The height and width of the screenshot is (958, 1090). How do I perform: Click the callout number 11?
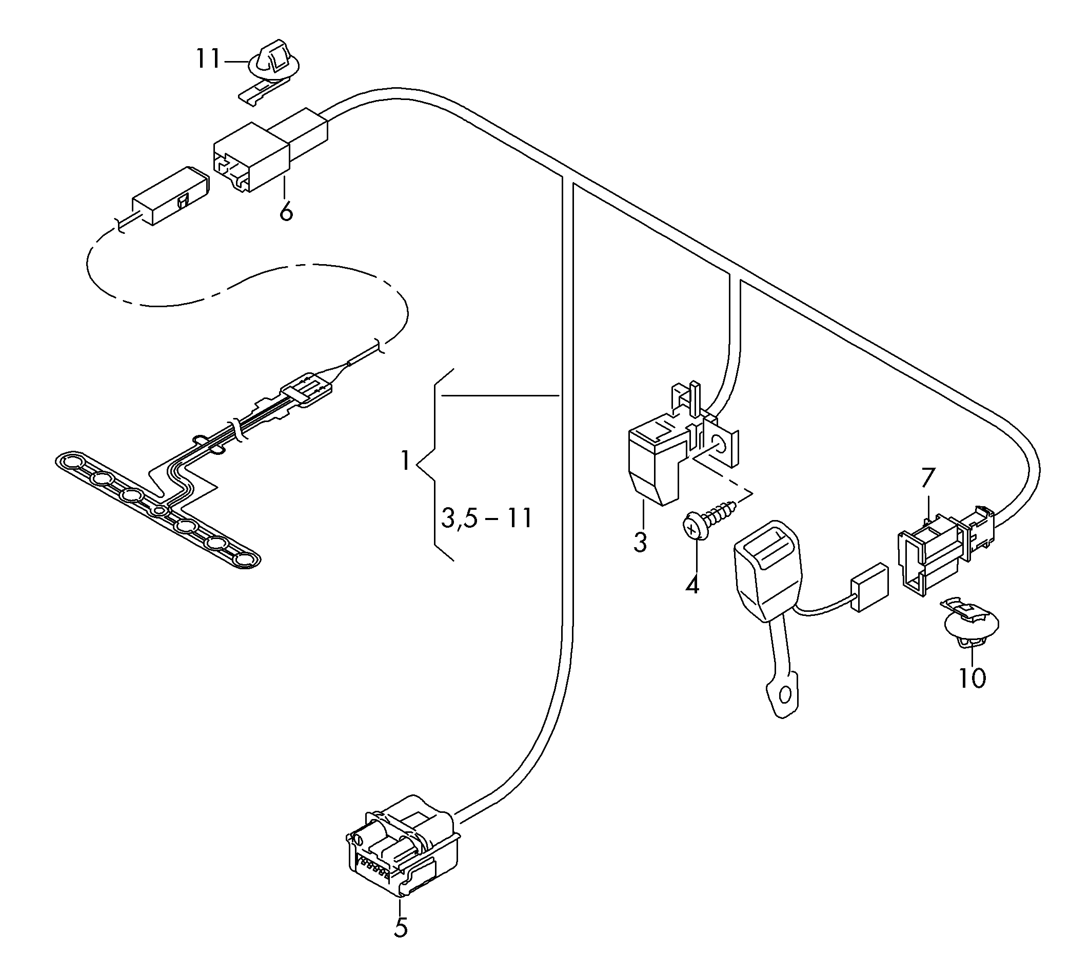tap(208, 58)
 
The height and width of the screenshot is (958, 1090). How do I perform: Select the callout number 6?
tap(286, 212)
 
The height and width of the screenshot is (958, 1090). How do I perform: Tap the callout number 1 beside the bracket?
tap(405, 461)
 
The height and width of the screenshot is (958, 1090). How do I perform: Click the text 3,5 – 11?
tap(487, 518)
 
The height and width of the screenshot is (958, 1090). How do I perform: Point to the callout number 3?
tap(640, 542)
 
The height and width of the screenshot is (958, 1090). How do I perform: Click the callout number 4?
tap(691, 585)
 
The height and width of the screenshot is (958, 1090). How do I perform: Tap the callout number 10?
tap(972, 678)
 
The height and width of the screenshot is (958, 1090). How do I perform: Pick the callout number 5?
tap(401, 928)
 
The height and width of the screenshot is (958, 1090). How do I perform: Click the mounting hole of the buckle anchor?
tap(784, 695)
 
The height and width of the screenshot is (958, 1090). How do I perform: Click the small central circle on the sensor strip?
tap(158, 511)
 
